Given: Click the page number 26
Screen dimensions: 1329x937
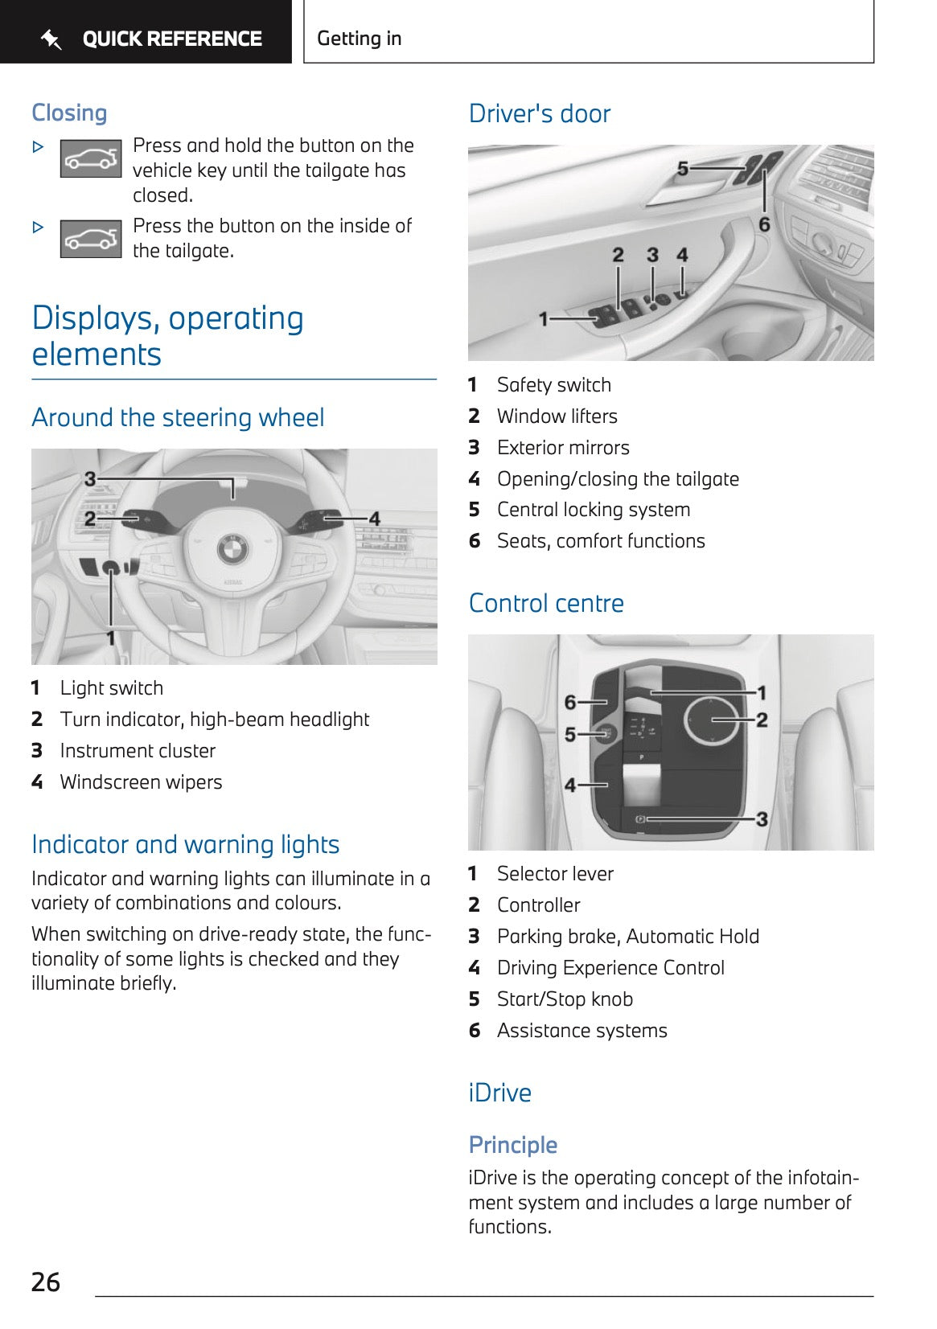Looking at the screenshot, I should tap(46, 1282).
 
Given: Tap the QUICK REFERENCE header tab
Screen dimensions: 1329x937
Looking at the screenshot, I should tap(153, 39).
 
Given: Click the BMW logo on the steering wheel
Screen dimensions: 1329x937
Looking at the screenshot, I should tap(233, 550).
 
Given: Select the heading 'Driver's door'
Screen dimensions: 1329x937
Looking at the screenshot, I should tap(540, 113).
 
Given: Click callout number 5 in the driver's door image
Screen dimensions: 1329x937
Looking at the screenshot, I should tap(683, 169).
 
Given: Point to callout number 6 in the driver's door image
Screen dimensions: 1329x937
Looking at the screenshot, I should tap(764, 224).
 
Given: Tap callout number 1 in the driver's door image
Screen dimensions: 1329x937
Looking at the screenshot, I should tap(544, 319).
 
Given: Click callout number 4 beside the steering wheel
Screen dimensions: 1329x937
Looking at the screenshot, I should tap(374, 519).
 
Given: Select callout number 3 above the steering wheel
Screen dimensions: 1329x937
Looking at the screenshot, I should tap(90, 479).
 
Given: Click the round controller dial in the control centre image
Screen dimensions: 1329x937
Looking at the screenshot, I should tap(712, 720).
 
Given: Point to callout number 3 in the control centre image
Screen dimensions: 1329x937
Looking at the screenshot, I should tap(762, 819).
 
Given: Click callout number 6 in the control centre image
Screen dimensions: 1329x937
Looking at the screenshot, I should tap(570, 702).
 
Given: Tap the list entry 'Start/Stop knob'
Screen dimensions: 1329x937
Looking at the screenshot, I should tap(565, 999).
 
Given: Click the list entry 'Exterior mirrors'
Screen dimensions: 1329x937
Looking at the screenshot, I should tap(563, 448).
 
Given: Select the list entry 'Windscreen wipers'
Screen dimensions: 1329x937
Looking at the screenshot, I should tap(141, 782).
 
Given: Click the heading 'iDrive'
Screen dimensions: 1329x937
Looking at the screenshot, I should tap(499, 1093).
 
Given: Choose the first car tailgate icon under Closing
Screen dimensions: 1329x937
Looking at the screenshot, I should tap(91, 158).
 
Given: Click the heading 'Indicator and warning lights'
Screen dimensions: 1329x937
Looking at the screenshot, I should tap(185, 844).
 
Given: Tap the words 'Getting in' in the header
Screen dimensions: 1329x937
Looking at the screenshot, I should tap(359, 39).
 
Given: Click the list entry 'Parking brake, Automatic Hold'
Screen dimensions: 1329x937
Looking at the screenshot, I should tap(627, 937).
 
